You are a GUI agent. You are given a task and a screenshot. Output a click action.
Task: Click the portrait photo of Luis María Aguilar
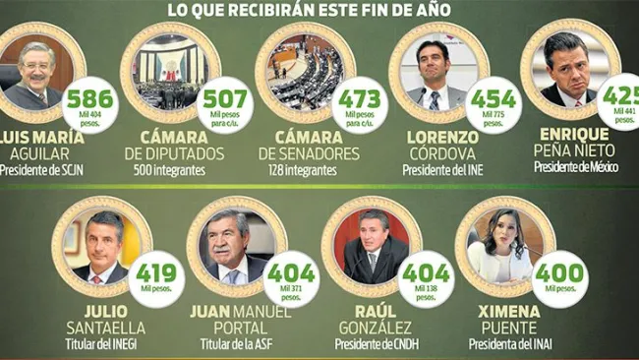37,73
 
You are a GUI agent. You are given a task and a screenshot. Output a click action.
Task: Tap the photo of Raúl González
371,246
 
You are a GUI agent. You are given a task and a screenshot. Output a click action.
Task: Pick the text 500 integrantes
172,169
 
